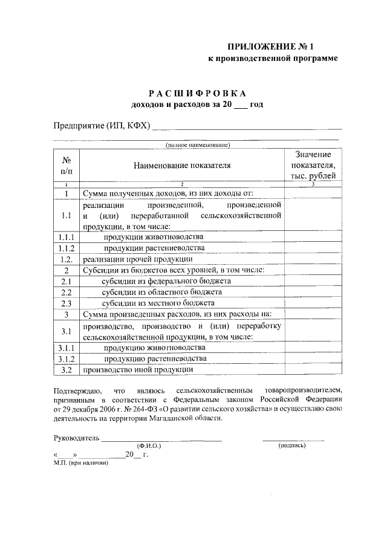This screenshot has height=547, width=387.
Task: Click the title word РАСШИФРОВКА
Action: click(x=198, y=93)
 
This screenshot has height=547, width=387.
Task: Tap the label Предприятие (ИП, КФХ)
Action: click(x=101, y=126)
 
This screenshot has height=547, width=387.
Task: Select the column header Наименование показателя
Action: click(x=182, y=164)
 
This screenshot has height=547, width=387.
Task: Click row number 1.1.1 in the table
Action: click(x=67, y=237)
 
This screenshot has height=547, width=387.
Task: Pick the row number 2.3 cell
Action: click(x=67, y=303)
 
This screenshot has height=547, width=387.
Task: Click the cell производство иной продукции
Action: click(x=138, y=369)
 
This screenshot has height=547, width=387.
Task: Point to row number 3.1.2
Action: click(x=67, y=359)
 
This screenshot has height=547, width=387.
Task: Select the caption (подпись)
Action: click(x=291, y=445)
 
